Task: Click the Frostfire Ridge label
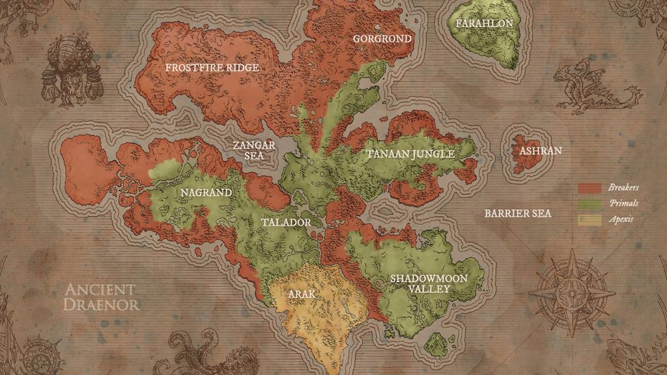(212, 68)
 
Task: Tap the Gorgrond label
(382, 38)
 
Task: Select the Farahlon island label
(485, 23)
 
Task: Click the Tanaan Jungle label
(410, 154)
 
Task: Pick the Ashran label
(541, 151)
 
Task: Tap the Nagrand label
(205, 193)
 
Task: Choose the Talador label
(286, 222)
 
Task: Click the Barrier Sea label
(517, 214)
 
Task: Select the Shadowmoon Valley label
(429, 283)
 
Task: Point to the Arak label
(302, 294)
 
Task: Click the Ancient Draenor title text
(101, 297)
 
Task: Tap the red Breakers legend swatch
(589, 188)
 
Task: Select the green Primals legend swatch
(589, 204)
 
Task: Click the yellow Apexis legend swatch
(589, 220)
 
